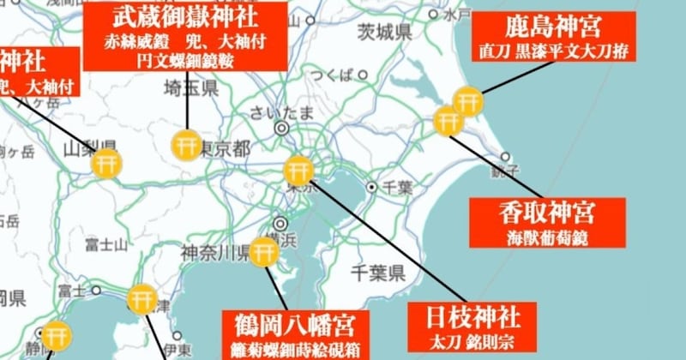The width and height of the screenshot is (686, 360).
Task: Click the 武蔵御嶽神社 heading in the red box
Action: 186,19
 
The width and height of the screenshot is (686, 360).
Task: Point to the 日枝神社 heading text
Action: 470,315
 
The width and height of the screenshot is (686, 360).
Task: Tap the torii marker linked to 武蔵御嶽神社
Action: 186,145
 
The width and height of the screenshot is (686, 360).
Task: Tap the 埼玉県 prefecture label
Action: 192,88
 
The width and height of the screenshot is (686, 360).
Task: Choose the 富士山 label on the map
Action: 105,243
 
